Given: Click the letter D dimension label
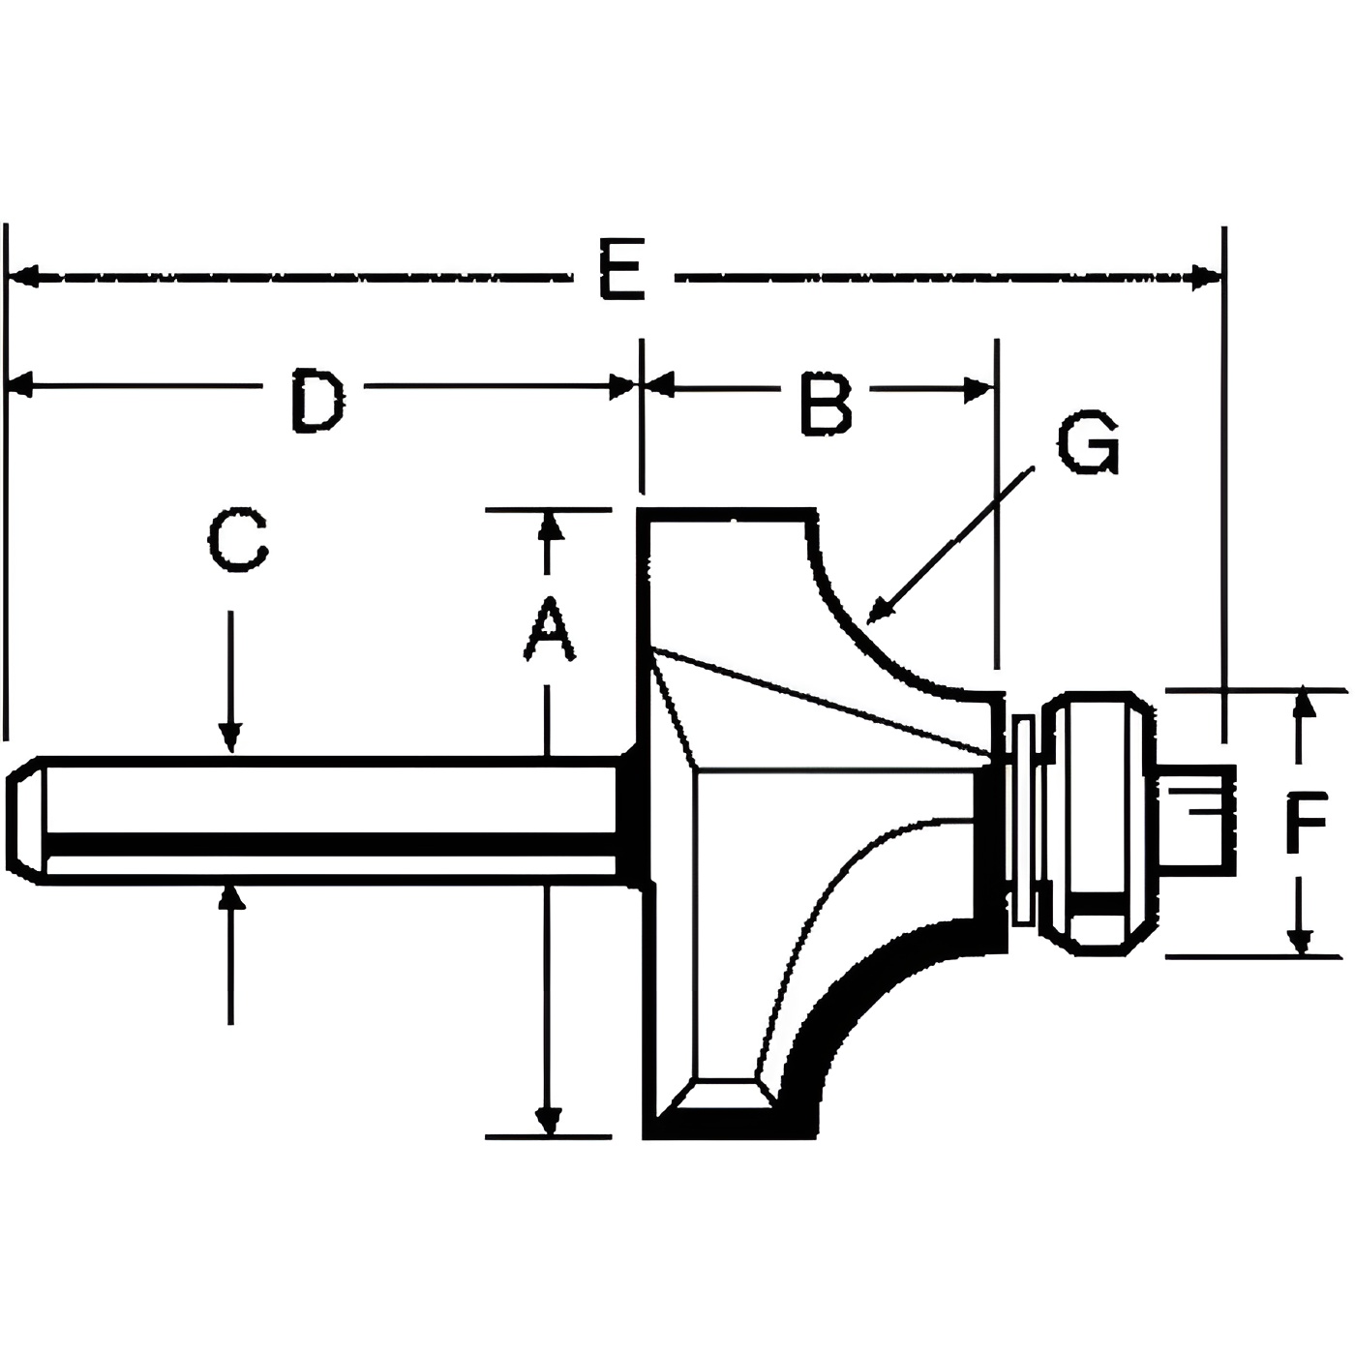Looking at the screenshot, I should click(x=316, y=398).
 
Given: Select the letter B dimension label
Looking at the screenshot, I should click(x=826, y=402).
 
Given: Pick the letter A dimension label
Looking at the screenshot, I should click(x=549, y=630).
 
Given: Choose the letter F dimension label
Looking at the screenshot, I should click(x=1306, y=823).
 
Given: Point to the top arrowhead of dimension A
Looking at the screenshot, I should click(x=549, y=527).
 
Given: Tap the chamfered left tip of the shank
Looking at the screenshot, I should click(x=24, y=822).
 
